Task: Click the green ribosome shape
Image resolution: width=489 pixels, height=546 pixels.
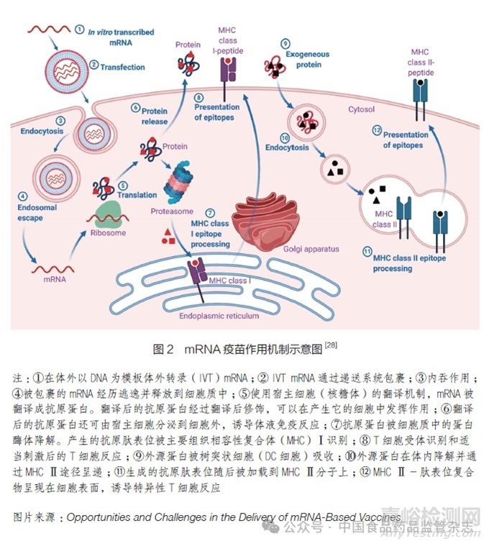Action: click(x=106, y=214)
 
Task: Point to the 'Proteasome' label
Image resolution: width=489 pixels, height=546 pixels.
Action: click(x=171, y=212)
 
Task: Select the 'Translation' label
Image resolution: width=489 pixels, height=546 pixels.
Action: click(x=137, y=194)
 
